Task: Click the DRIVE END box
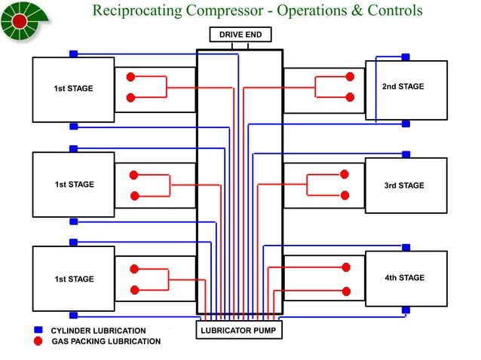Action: [239, 35]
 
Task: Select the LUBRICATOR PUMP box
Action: [239, 330]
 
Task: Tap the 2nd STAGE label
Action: [403, 87]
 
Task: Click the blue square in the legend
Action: [38, 330]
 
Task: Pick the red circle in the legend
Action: [38, 341]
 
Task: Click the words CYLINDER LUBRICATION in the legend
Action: [98, 331]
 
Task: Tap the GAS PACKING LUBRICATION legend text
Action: [106, 341]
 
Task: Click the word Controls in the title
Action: [394, 11]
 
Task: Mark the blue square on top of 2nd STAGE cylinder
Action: [406, 57]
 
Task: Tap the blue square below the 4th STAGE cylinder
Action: [406, 310]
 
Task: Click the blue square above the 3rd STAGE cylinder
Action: [406, 154]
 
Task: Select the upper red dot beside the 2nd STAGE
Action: [349, 77]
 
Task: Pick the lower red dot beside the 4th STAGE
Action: [346, 291]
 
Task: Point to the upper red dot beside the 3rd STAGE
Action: [345, 175]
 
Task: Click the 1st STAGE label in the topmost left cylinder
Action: [73, 89]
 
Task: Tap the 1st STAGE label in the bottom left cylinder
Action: [73, 279]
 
